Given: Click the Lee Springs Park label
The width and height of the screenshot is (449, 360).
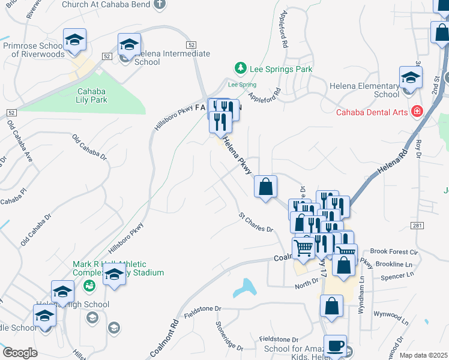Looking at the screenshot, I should coord(281,69).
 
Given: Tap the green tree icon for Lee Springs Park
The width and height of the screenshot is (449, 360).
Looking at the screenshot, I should coord(240,68).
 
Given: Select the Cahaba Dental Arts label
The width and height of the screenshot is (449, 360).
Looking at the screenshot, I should coord(371,112).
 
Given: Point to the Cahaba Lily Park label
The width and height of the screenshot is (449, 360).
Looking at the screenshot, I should coord(92,96).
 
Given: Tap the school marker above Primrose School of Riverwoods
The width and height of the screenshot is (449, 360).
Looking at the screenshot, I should coord(74,40).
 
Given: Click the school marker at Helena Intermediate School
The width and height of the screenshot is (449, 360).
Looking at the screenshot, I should coord(129,44).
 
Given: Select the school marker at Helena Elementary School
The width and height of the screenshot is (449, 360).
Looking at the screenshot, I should coord(411,78).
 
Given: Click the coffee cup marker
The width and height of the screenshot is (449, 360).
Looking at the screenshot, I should coord(335,346).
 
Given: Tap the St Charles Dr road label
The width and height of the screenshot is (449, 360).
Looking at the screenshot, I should coord(256,221).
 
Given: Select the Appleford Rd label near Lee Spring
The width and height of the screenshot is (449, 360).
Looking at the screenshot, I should coord(265,95).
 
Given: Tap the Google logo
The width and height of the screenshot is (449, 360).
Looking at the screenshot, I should coord(20,353).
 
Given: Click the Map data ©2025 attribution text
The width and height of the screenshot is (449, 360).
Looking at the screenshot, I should coord(423,355).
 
